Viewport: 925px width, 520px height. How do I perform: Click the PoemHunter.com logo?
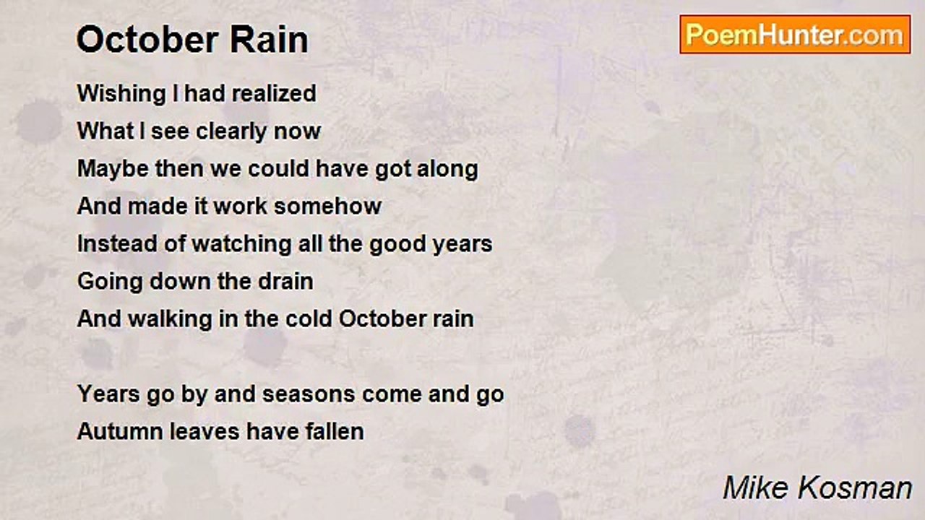[x=795, y=34]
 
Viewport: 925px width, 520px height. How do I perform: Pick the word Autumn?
[x=120, y=432]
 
